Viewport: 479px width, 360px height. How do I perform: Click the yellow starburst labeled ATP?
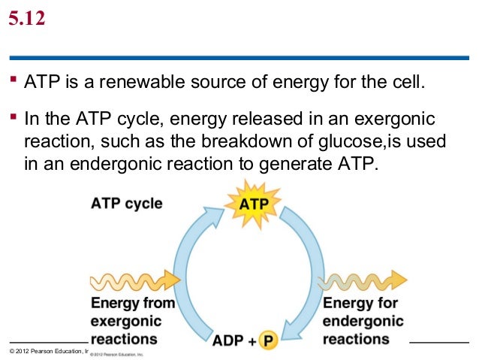(252, 204)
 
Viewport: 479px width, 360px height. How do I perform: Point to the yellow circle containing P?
(269, 340)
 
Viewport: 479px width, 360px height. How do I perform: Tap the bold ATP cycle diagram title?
(126, 204)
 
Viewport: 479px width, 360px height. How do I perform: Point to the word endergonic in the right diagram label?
(363, 322)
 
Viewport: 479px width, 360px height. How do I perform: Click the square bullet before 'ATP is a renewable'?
(14, 79)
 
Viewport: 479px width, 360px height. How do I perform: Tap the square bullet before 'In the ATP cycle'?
(14, 120)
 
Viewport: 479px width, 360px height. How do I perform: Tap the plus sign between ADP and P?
(251, 340)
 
